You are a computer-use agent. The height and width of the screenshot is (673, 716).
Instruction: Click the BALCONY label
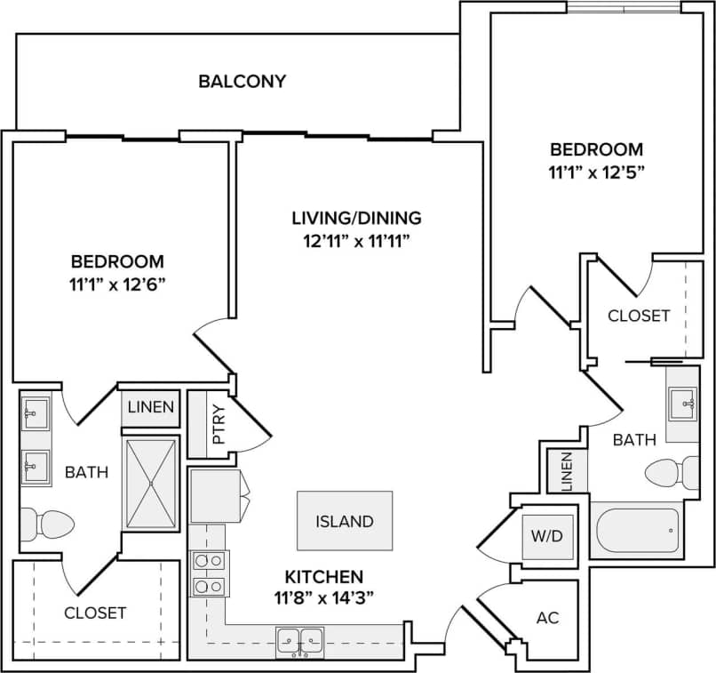pyautogui.click(x=242, y=82)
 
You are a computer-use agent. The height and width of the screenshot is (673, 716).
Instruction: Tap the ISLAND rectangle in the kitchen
pyautogui.click(x=344, y=521)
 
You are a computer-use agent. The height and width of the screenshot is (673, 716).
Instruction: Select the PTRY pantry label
pyautogui.click(x=219, y=424)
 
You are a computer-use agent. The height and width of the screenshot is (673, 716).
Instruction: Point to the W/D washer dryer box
pyautogui.click(x=547, y=536)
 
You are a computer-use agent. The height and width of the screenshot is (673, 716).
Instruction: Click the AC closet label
pyautogui.click(x=548, y=617)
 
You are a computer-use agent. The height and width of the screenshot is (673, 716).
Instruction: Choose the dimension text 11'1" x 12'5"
pyautogui.click(x=596, y=172)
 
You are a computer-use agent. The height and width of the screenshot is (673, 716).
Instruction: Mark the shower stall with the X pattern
pyautogui.click(x=151, y=484)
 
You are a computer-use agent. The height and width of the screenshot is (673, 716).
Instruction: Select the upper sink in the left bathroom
pyautogui.click(x=35, y=413)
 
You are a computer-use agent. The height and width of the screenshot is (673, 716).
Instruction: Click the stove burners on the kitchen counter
pyautogui.click(x=209, y=573)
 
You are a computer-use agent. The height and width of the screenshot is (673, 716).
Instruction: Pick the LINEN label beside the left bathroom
pyautogui.click(x=150, y=408)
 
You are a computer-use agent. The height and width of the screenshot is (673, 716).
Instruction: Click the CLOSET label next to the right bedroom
pyautogui.click(x=639, y=316)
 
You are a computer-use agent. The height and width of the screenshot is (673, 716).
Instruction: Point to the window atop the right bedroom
pyautogui.click(x=624, y=8)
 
